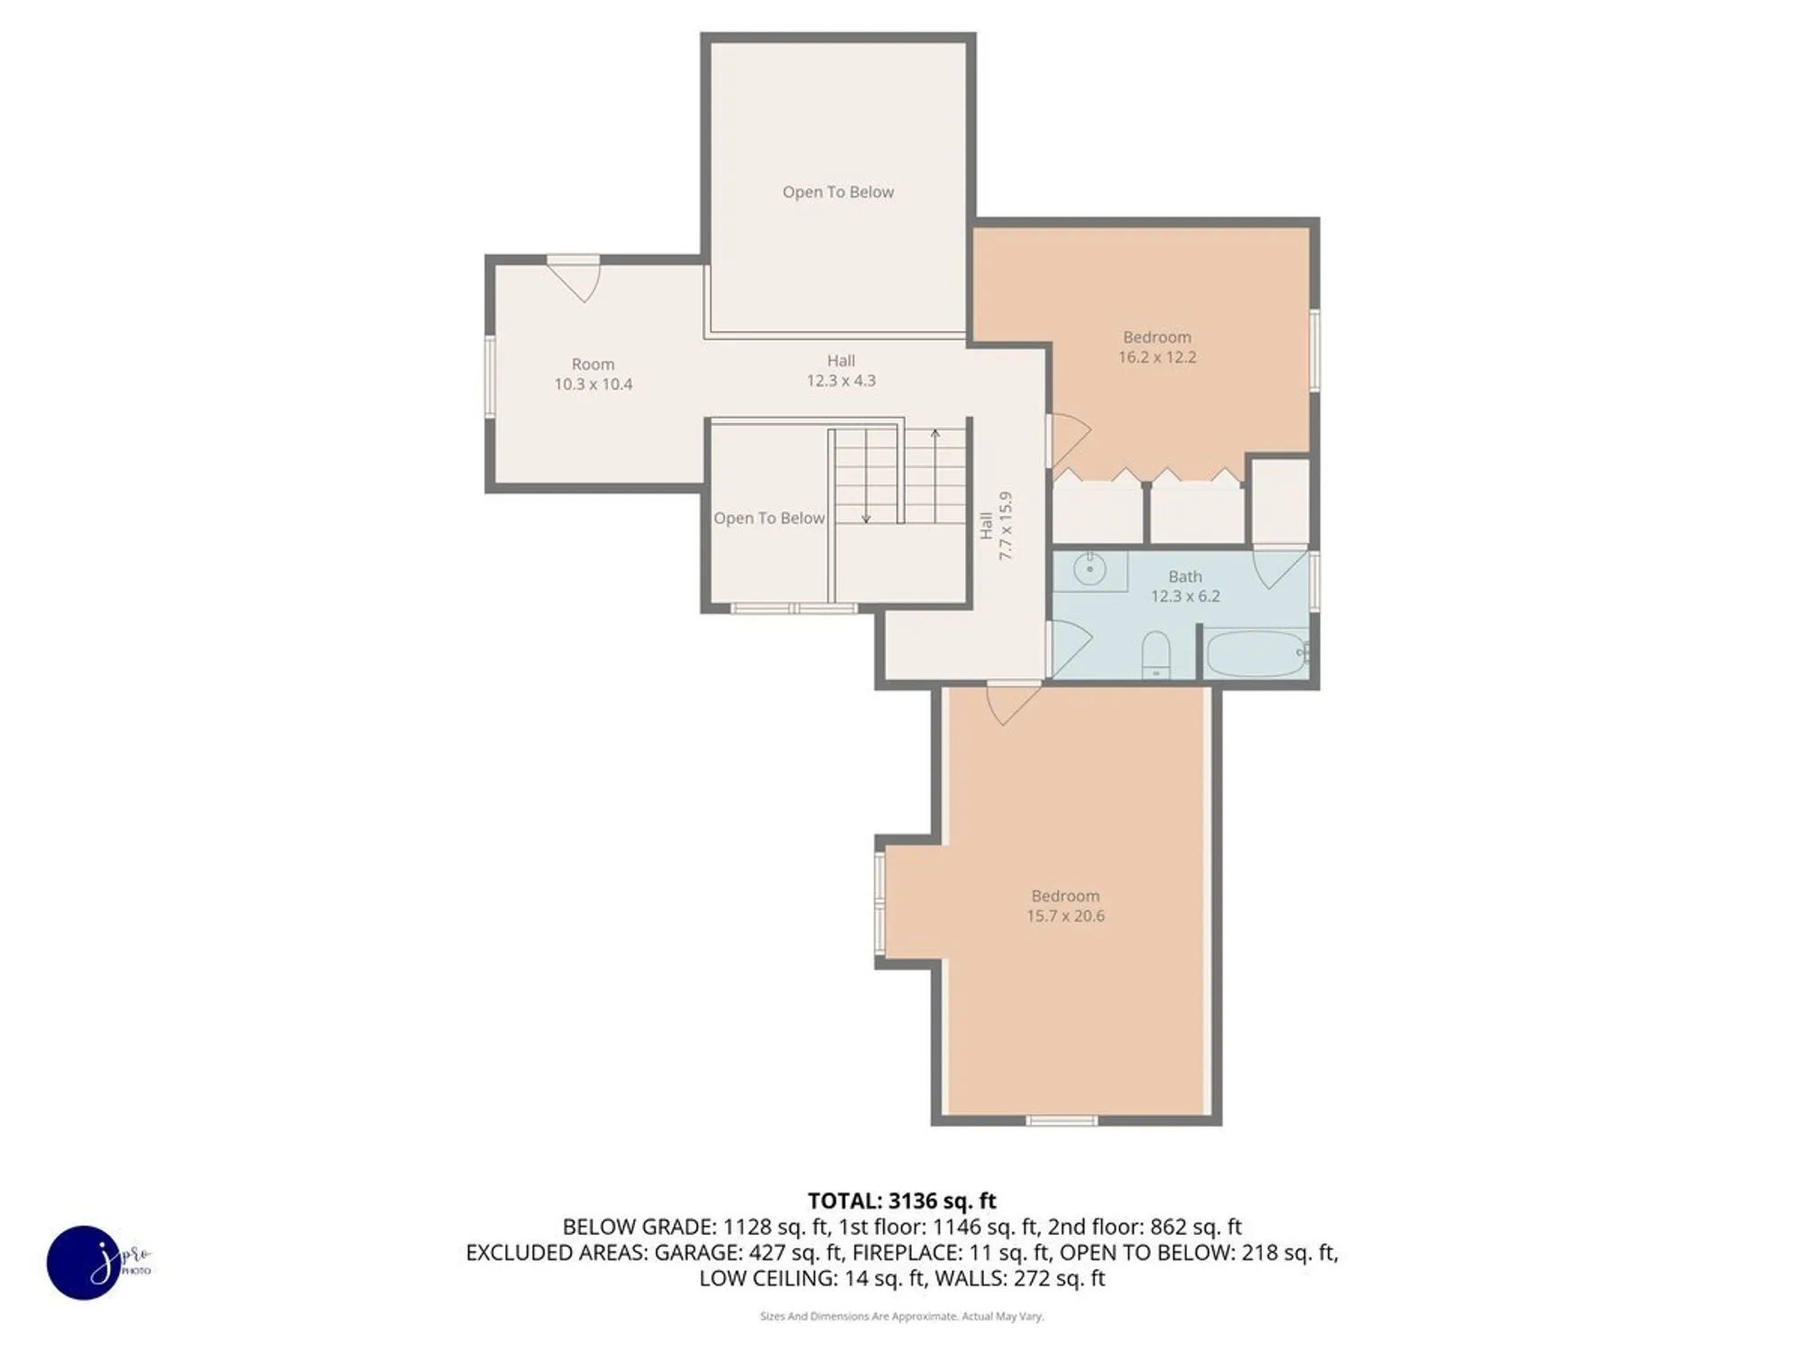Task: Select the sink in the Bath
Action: coord(1091,569)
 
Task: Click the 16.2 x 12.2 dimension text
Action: coord(1156,357)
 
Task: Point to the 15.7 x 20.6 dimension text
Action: coord(1064,916)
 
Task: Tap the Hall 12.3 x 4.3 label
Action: coord(841,371)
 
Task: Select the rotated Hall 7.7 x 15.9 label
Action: coord(997,526)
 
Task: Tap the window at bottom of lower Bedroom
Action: coord(1062,1120)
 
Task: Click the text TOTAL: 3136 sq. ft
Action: coord(901,1201)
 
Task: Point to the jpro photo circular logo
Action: coord(84,1262)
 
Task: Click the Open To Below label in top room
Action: coord(838,192)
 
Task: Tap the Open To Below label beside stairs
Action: coord(769,518)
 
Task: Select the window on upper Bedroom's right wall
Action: coord(1314,350)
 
